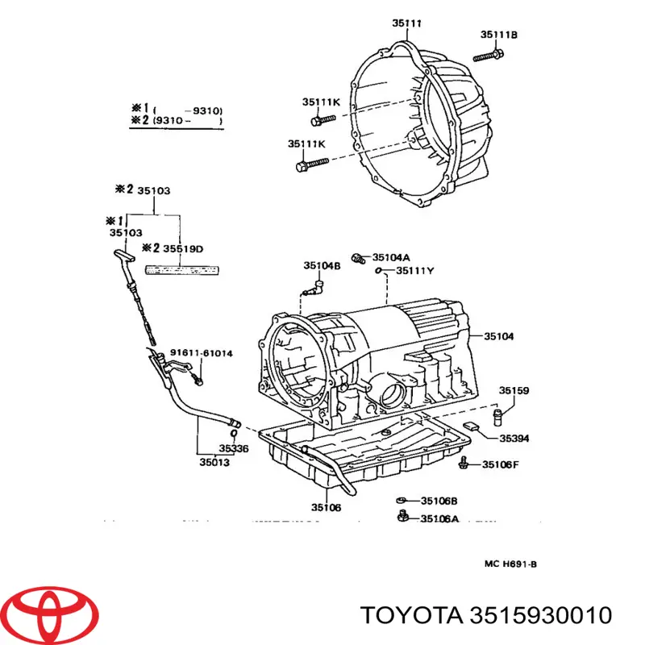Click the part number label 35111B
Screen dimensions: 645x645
click(498, 34)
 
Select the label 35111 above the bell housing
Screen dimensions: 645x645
click(407, 23)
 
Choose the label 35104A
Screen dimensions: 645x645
click(391, 258)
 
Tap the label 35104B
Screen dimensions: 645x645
click(322, 265)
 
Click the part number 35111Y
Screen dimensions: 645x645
click(414, 271)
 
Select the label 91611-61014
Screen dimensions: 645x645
click(201, 353)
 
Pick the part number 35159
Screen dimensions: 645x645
click(514, 391)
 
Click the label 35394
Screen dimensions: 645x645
click(514, 439)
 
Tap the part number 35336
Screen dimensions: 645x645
click(235, 448)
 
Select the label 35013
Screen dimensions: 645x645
click(214, 463)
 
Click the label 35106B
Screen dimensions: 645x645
click(439, 501)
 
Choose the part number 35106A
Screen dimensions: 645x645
click(439, 518)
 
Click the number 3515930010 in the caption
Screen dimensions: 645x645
click(534, 615)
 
